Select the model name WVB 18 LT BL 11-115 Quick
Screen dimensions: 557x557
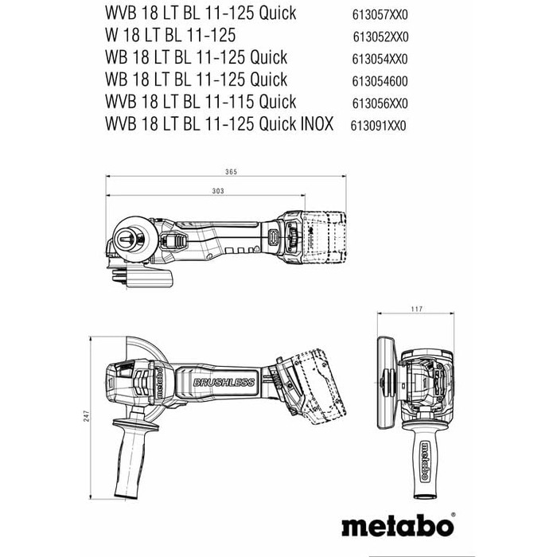click(x=200, y=102)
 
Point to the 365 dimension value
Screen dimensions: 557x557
click(x=232, y=173)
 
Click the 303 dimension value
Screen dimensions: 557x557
click(x=195, y=192)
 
